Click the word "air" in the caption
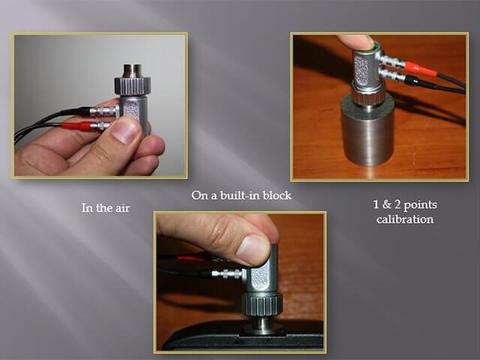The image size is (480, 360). coord(122,208)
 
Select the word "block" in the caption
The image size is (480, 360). coord(277,195)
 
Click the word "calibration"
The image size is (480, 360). coord(405,219)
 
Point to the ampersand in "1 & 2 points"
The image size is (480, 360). coord(387,204)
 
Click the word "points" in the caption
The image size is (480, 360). coord(420,205)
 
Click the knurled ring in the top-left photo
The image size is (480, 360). coord(133,85)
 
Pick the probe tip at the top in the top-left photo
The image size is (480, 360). coord(132,70)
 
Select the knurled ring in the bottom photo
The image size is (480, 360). coord(262,304)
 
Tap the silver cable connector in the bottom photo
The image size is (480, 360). coord(229,273)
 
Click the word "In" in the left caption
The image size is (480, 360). coord(86,208)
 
